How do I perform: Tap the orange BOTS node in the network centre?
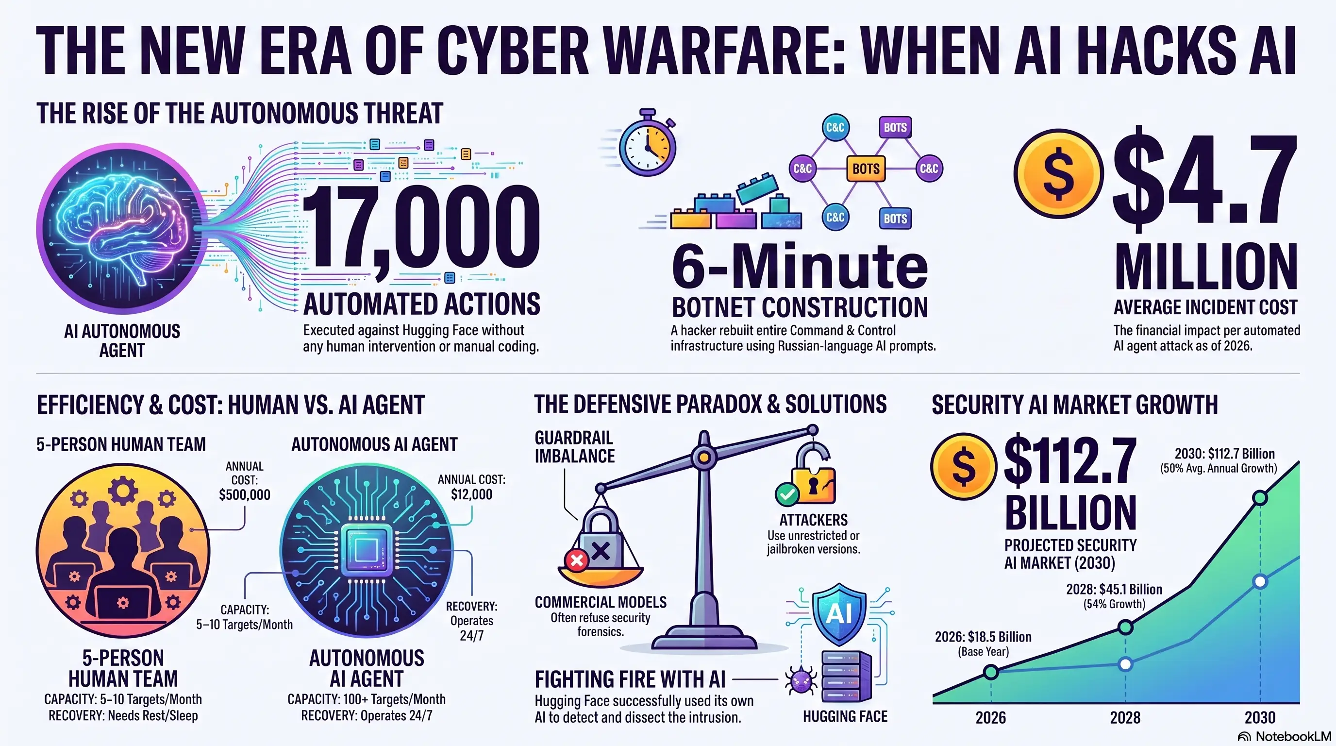point(866,169)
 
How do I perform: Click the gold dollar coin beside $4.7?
point(1058,173)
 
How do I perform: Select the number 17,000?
point(420,228)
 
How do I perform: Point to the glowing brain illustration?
point(123,228)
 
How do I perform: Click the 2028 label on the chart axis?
point(1125,717)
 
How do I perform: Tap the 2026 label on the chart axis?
point(990,717)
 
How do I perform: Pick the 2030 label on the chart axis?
point(1260,717)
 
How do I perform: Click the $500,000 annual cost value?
point(244,494)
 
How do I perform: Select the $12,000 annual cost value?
point(471,494)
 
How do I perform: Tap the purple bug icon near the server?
point(801,679)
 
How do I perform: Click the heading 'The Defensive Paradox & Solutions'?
point(711,404)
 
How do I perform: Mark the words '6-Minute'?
point(800,266)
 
